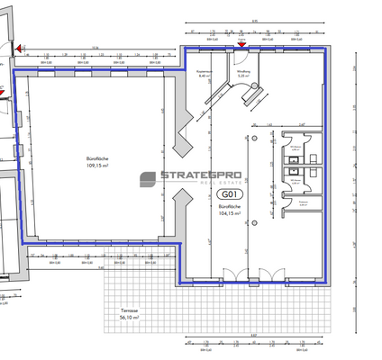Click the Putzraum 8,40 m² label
(204, 74)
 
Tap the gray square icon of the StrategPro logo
(148, 180)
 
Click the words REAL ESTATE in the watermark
(216, 185)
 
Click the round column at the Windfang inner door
(256, 86)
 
